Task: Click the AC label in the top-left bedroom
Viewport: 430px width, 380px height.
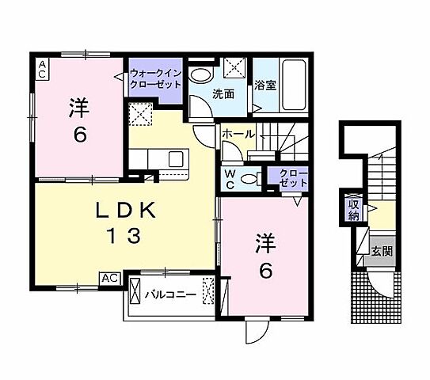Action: (x=41, y=69)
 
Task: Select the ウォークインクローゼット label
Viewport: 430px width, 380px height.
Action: (x=156, y=78)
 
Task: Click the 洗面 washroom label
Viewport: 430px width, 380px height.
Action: (x=223, y=93)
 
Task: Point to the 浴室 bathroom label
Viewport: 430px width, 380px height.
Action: (x=265, y=85)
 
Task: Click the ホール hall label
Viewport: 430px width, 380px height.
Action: (x=238, y=135)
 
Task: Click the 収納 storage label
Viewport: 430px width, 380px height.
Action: (x=353, y=209)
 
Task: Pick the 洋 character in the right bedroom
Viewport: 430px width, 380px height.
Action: (x=264, y=241)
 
